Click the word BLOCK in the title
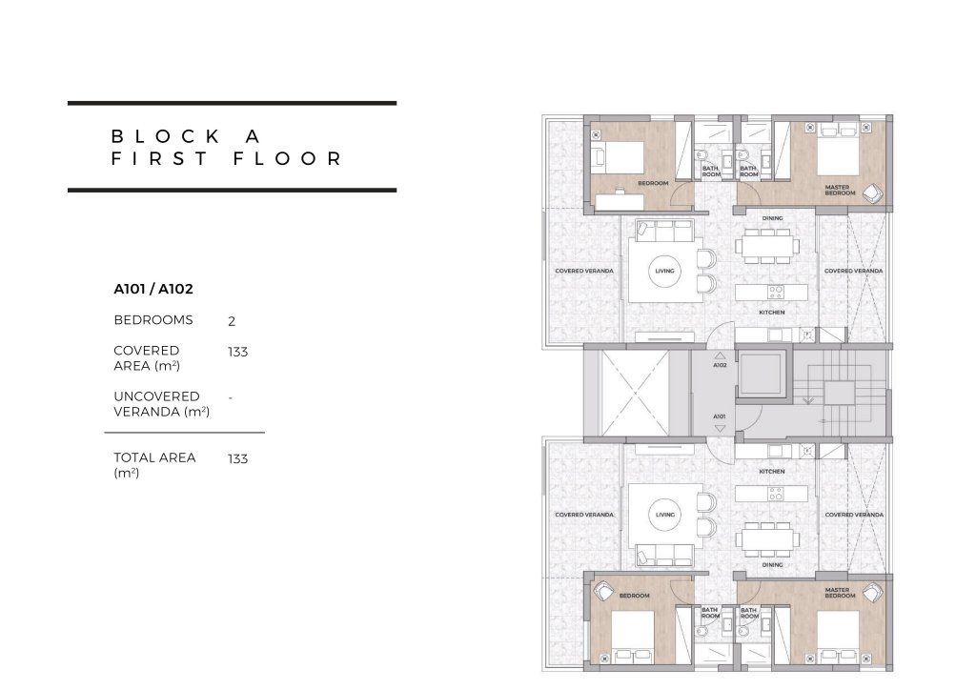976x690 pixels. (165, 136)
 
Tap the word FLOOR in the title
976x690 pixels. (288, 158)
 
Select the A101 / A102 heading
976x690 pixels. (153, 289)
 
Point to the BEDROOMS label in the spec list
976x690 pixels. (153, 320)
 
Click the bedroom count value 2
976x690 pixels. (232, 321)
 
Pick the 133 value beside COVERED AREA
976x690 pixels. (237, 352)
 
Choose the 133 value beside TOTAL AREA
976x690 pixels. (237, 458)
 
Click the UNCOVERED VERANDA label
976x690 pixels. (162, 404)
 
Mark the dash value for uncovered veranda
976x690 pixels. (231, 397)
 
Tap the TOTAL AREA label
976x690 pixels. (154, 465)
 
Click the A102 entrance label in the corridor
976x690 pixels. (720, 365)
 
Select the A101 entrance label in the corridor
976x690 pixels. (720, 416)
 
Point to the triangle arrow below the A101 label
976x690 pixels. (720, 428)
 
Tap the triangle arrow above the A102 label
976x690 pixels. (720, 355)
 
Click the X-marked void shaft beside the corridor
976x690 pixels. (634, 393)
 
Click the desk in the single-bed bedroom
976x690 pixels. (620, 202)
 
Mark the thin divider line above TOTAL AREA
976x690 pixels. (184, 432)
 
